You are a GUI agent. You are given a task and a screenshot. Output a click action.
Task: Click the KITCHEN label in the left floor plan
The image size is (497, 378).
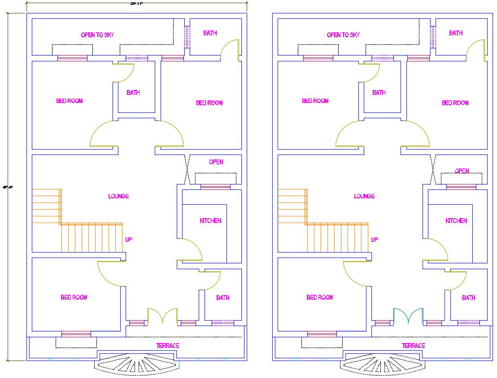pos(210,221)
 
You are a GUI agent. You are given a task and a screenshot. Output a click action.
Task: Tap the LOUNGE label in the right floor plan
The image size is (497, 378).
pos(364,196)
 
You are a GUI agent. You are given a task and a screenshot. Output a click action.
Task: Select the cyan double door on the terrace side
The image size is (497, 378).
pos(408,316)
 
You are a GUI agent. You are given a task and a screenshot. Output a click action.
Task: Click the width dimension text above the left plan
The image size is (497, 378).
pos(136,3)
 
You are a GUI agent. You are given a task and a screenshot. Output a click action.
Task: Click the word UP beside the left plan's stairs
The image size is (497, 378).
pos(129,240)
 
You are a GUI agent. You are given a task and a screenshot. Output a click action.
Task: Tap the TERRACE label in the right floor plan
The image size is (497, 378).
pos(413,346)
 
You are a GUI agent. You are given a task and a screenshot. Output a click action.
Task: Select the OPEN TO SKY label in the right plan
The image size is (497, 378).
pos(343,35)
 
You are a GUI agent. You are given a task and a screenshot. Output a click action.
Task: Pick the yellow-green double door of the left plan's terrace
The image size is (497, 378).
pos(162,316)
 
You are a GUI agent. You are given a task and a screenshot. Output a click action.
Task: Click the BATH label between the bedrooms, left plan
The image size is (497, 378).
pos(133,93)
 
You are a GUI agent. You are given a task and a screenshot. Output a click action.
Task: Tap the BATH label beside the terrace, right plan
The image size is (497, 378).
pos(469,298)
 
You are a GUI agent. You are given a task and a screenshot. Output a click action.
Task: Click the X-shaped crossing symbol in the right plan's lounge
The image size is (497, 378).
pos(433,169)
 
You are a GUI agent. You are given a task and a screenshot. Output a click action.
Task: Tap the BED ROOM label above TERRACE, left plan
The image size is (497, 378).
pos(74,297)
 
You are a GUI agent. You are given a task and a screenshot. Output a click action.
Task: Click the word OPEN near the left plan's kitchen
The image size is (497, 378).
pos(216,162)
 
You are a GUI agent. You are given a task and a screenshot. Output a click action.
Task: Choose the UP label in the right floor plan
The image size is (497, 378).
pos(375,240)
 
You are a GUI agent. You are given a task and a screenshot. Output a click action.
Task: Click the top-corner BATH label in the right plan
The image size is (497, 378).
pos(456,33)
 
